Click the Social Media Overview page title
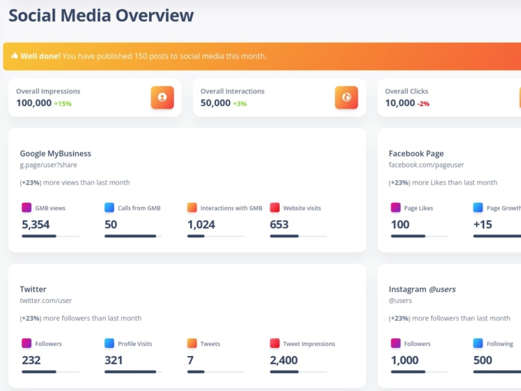[101, 16]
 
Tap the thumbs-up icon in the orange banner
[14, 55]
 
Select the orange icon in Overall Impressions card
[162, 97]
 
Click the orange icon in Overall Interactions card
[346, 97]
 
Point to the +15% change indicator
[63, 104]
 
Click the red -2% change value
[423, 104]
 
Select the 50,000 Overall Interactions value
[215, 103]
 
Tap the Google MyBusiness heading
[56, 154]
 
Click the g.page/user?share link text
[48, 165]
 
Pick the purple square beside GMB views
[27, 207]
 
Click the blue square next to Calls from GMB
[109, 207]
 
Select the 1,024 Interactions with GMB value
[201, 225]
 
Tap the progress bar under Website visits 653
[299, 236]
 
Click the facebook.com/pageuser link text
[426, 165]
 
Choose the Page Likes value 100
[400, 225]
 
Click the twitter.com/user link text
[46, 301]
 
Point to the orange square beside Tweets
[192, 343]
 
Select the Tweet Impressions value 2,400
[284, 360]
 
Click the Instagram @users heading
[422, 289]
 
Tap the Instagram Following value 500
[482, 360]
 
